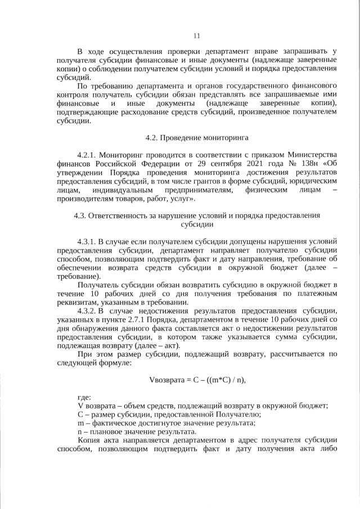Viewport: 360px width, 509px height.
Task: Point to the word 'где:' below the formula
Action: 85,397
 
